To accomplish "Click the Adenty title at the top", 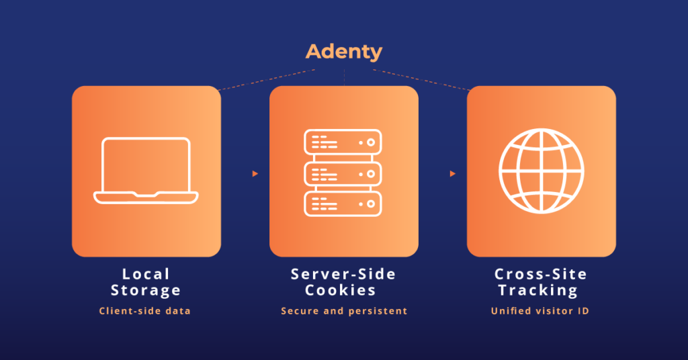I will (x=343, y=51).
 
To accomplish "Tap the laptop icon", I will (x=146, y=170).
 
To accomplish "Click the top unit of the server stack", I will (x=343, y=142).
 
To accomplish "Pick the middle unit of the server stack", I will (x=343, y=173).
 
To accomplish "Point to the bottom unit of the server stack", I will (x=343, y=204).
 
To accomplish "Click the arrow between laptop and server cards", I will (x=255, y=174).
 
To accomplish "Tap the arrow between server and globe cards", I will (x=453, y=174).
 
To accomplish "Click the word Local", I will (x=146, y=274).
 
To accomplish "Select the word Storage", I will (x=146, y=291).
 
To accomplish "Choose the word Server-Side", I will (x=343, y=274).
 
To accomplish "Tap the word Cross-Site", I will (x=541, y=274).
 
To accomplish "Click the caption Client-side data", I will (x=145, y=311).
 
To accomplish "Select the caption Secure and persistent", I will (x=344, y=311).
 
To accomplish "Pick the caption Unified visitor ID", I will (x=540, y=311).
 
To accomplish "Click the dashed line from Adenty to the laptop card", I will (x=265, y=79).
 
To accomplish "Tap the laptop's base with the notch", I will (x=146, y=197).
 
